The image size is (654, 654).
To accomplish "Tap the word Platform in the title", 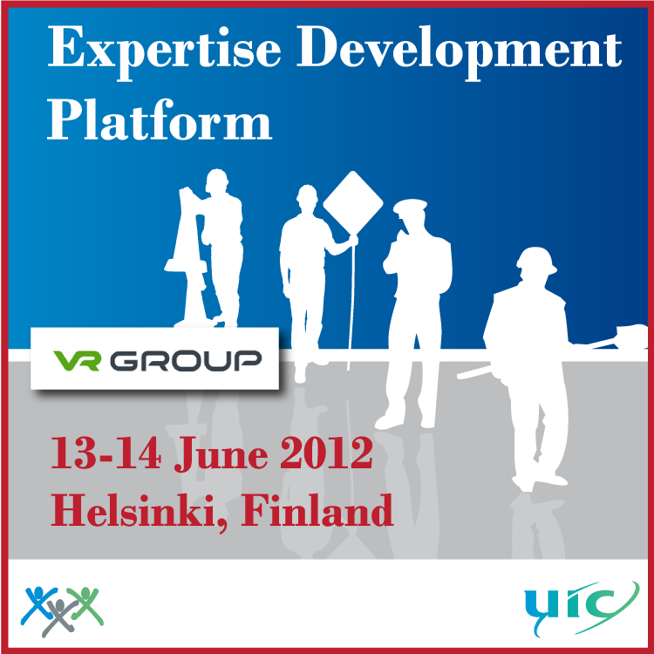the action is [x=160, y=120].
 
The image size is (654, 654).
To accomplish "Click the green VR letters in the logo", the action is [x=77, y=360].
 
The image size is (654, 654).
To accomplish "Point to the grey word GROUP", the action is [x=186, y=361].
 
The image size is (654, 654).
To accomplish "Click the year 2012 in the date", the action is [x=326, y=453].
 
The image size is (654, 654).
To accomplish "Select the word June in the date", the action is [x=221, y=455].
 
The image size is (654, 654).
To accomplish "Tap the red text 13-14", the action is [x=106, y=453].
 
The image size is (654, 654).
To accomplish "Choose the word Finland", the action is [x=317, y=510].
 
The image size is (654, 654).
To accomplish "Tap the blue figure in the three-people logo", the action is [x=37, y=605].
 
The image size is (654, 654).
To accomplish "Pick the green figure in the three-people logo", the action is [x=86, y=605].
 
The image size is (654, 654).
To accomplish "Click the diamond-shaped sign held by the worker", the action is [x=353, y=203].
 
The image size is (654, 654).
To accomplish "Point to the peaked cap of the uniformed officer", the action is [x=410, y=206].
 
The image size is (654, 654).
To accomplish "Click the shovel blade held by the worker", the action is [x=631, y=335].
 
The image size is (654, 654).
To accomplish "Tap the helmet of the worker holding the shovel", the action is [x=537, y=260].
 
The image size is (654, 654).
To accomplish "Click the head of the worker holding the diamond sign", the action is [x=307, y=198].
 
